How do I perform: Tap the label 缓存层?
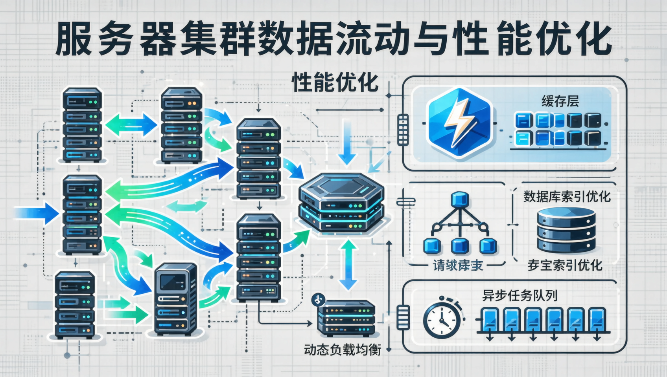coord(560,102)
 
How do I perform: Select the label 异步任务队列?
coord(520,296)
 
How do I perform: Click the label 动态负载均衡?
coord(342,350)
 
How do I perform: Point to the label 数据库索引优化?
coord(567,197)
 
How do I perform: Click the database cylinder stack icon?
coord(566,230)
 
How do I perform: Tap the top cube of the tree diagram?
coord(460,199)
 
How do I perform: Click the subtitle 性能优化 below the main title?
coord(335,83)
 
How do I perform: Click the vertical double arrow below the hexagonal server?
coord(348,265)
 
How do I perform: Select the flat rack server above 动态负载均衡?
coord(346,318)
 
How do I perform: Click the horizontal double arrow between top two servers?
coord(131,125)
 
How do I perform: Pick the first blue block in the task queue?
coord(490,320)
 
